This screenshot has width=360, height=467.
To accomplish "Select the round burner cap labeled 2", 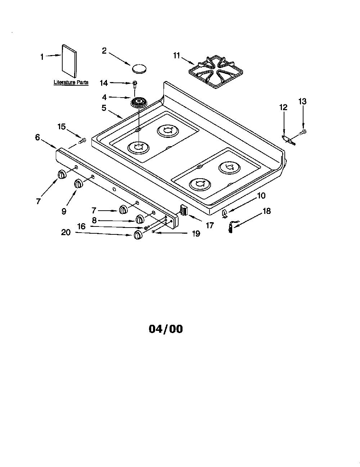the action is click(140, 68).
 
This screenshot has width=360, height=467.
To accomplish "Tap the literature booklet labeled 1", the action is click(69, 61).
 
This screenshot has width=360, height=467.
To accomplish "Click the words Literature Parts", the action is click(71, 82).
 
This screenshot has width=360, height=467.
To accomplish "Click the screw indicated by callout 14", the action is click(135, 84).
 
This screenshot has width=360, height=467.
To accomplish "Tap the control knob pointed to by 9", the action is click(78, 184).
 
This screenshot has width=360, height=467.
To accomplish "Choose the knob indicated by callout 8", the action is click(140, 219).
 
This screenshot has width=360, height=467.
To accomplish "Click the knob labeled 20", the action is click(138, 235).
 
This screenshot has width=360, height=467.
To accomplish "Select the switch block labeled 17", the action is click(184, 210).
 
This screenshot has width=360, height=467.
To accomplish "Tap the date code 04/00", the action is click(166, 329).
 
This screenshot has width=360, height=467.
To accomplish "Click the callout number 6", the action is click(37, 137).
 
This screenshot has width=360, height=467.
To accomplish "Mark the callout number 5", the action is click(104, 108).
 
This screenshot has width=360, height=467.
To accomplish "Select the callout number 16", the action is click(81, 226).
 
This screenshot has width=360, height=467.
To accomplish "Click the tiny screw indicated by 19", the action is click(153, 232).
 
